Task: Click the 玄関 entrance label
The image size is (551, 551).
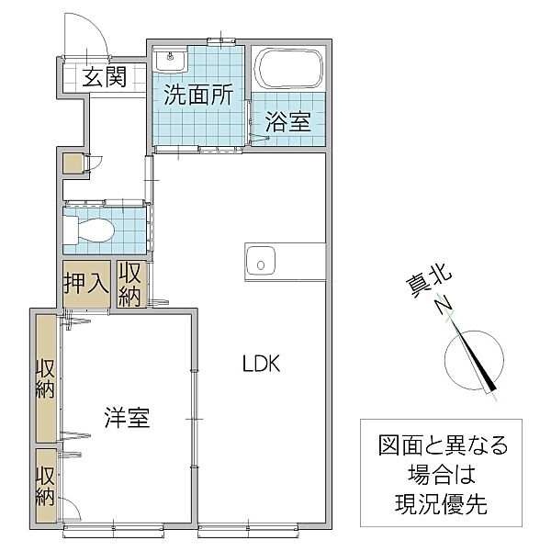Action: click(104, 77)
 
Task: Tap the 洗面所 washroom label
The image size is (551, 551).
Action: click(198, 95)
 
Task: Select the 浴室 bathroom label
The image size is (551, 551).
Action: click(287, 121)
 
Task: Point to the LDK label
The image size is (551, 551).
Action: click(262, 364)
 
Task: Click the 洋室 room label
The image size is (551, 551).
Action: click(128, 417)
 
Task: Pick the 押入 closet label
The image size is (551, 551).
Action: click(85, 283)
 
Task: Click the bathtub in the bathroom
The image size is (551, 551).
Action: click(288, 69)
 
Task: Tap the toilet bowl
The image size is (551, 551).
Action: click(90, 230)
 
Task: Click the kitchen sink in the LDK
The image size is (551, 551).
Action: click(261, 262)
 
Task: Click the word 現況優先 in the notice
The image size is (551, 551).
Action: click(441, 504)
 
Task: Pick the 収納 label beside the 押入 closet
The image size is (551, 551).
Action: click(129, 284)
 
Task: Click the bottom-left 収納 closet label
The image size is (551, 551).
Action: click(46, 485)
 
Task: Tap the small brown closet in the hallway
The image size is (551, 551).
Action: click(73, 163)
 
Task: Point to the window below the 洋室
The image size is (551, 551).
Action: click(114, 531)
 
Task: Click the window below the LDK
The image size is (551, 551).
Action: click(248, 531)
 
